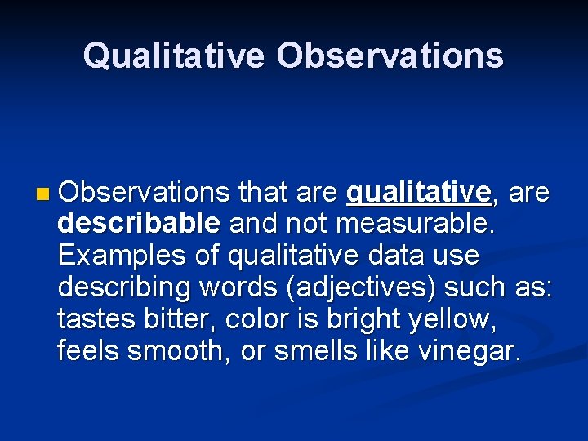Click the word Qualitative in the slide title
point(173,56)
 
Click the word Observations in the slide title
point(390,56)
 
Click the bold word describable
point(139,223)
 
